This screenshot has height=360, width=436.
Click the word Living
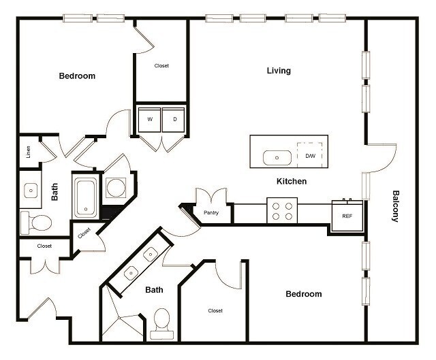click(278, 71)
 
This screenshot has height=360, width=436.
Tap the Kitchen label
click(291, 182)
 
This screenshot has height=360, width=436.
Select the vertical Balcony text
click(394, 206)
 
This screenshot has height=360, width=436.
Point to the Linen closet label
click(29, 151)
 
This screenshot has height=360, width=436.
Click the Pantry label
click(211, 213)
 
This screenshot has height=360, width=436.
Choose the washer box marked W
click(149, 119)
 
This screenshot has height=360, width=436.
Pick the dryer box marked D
click(174, 119)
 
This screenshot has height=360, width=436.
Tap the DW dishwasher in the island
click(310, 156)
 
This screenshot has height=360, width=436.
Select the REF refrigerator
click(347, 214)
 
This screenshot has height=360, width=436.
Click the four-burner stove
click(281, 210)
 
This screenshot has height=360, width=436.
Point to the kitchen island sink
click(277, 157)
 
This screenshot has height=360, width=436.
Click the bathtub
click(87, 197)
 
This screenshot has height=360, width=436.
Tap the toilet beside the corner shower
click(162, 323)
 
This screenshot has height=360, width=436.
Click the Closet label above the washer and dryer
click(161, 66)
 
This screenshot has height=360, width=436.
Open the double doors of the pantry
click(211, 196)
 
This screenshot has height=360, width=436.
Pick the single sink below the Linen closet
click(31, 191)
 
